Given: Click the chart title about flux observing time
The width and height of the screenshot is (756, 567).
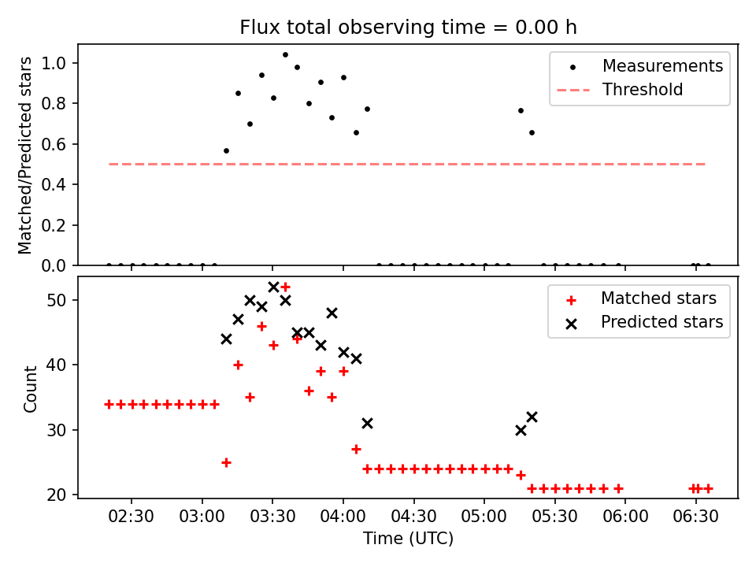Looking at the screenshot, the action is [408, 28].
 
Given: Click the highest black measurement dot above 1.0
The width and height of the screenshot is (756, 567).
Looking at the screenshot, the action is [285, 55].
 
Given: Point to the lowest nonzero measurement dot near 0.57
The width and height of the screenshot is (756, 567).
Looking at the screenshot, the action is [226, 151].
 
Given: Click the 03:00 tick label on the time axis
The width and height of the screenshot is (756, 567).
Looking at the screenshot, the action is [202, 517].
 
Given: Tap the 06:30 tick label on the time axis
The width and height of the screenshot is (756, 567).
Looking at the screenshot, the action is [695, 517].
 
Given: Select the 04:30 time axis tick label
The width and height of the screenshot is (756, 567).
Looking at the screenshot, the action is [413, 517].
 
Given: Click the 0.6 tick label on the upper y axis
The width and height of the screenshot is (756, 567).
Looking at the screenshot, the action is [54, 144].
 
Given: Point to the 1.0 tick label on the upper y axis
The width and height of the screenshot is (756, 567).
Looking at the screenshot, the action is [54, 63].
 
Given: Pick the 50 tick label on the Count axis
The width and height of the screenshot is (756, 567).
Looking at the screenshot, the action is [56, 300].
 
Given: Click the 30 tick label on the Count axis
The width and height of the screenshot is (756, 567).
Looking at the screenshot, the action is [56, 430].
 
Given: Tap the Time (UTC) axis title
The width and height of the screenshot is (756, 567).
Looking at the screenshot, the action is [409, 539].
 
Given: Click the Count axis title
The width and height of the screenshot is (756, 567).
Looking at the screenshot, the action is [30, 389].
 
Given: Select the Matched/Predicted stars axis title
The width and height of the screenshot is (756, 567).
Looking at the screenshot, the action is [24, 155].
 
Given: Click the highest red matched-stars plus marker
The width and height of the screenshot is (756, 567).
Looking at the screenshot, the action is [285, 287].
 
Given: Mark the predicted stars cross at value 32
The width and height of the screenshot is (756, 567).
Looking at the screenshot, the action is [532, 417].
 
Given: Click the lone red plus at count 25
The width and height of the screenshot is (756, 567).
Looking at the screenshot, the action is [226, 463].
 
